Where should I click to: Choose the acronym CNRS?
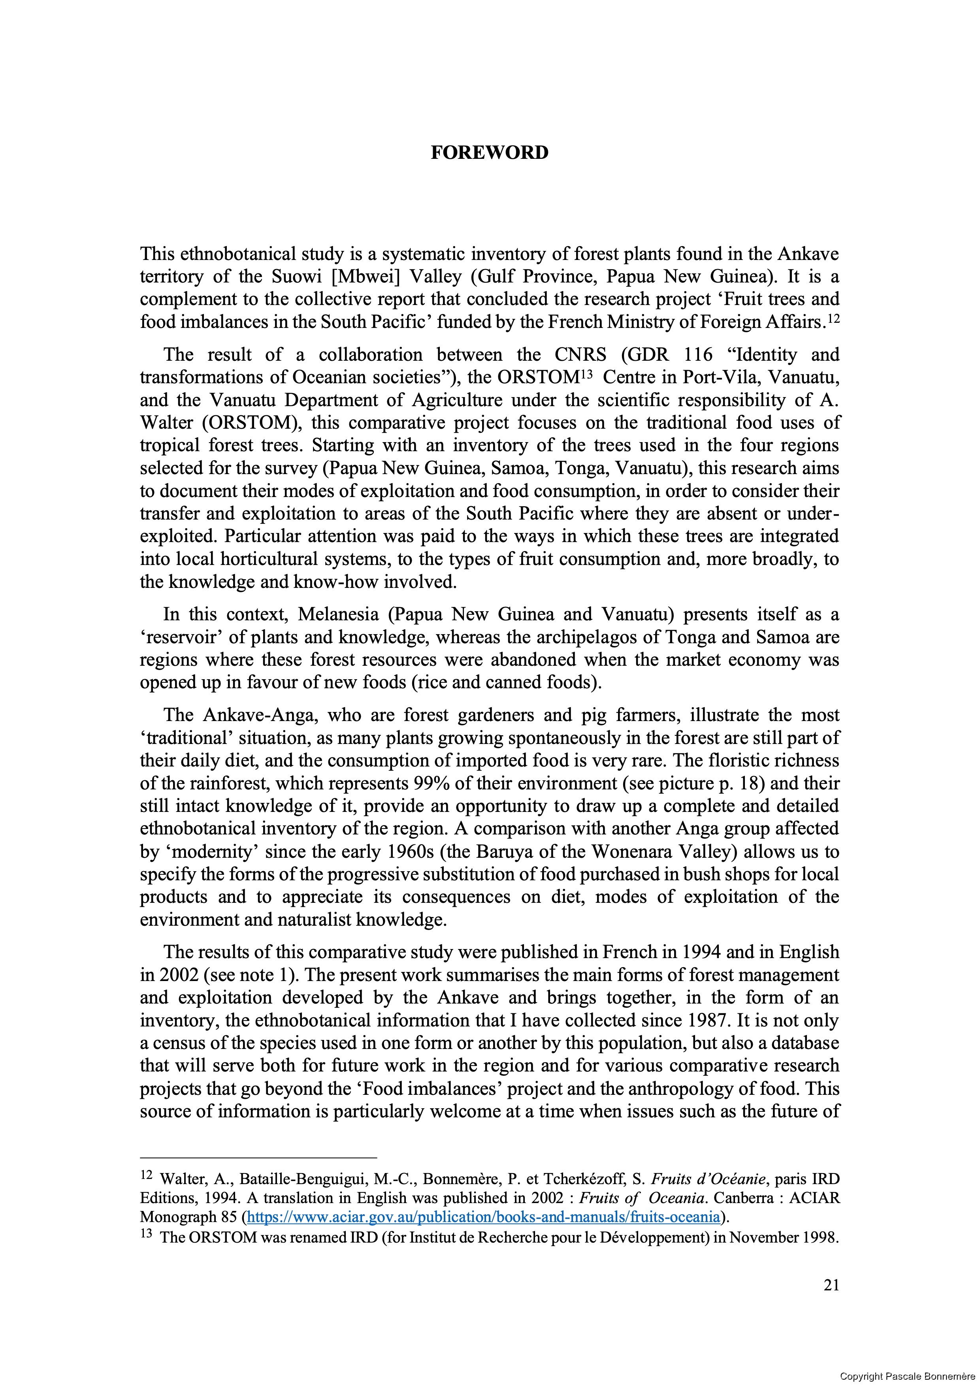coord(581,354)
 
